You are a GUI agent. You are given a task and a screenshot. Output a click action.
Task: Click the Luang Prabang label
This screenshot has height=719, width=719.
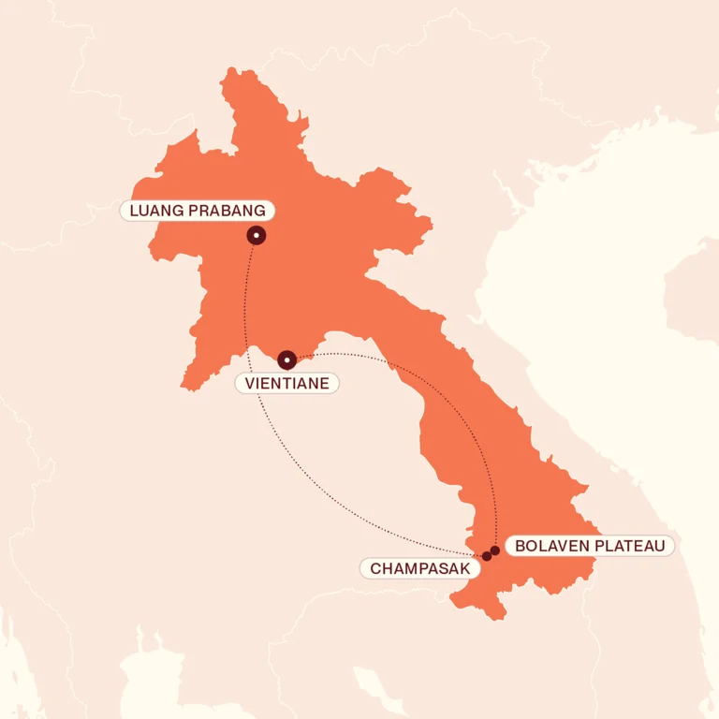[198, 210]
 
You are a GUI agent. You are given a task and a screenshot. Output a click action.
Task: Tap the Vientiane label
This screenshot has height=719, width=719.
[286, 383]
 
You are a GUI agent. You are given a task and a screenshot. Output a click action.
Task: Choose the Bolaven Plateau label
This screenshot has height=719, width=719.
[589, 546]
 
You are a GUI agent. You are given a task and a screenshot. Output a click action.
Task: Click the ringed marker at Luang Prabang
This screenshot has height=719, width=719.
[257, 236]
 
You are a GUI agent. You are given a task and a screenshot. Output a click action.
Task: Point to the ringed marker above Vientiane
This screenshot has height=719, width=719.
[287, 359]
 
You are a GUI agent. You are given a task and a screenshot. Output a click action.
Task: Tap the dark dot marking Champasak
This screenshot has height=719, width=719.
[487, 556]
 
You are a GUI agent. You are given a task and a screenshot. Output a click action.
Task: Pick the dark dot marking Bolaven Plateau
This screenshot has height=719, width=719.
[495, 550]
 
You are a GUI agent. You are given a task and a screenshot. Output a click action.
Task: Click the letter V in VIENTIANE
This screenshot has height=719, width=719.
[249, 383]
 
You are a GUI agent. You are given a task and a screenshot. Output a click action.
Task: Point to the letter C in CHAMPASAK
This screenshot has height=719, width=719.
[375, 568]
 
